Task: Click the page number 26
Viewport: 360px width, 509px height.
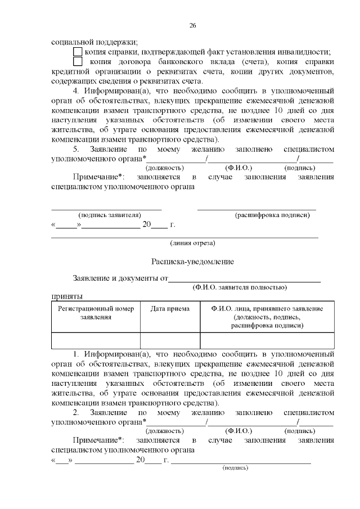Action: [192, 26]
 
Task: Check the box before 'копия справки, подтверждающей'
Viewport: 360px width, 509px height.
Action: [78, 51]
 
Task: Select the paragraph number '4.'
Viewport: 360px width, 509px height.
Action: [78, 90]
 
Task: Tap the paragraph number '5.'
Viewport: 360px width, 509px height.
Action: [78, 149]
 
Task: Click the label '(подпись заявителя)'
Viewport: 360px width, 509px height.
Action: [110, 215]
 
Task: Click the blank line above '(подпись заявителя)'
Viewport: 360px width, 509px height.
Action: [107, 209]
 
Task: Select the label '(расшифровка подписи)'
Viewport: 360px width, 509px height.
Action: [272, 215]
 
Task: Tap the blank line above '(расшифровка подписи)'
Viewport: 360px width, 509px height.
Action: [256, 209]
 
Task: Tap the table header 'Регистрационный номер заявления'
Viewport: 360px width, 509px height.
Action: [96, 313]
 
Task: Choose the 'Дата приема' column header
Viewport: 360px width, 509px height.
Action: [170, 309]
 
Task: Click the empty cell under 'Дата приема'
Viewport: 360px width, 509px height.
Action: [170, 341]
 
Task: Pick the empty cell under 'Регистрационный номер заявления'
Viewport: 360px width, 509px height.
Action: [96, 341]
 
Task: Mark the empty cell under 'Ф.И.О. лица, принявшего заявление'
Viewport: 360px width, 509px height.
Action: [267, 341]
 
